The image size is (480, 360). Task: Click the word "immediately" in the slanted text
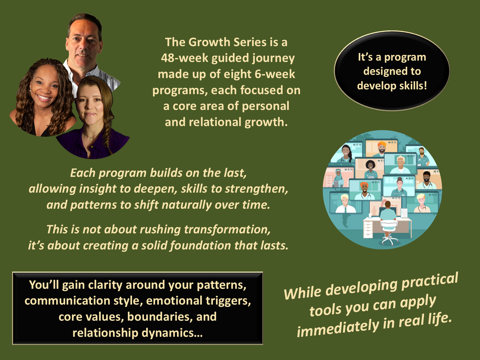tap(338, 328)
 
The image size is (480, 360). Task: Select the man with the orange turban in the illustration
tap(382, 148)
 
